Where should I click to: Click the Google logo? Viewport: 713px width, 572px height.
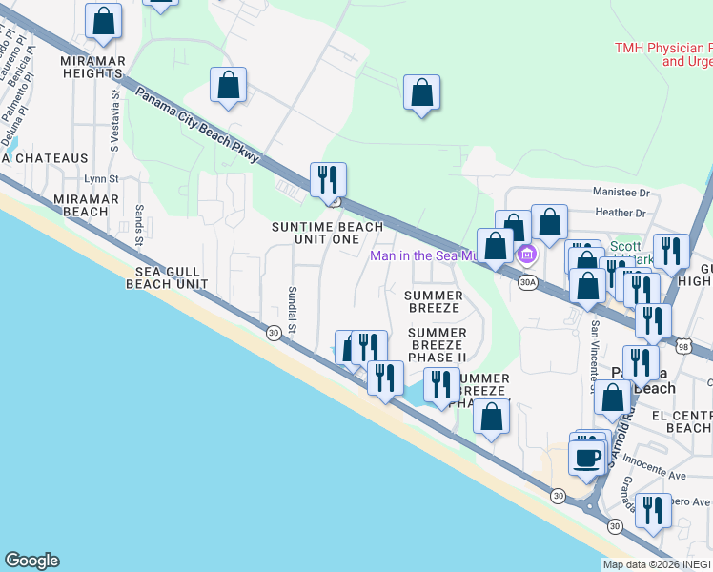coord(31,561)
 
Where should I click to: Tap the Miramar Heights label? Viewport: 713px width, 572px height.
coord(92,68)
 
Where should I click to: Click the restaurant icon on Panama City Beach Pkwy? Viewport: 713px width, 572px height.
coord(328,180)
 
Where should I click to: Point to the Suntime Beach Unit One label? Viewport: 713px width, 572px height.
coord(327,234)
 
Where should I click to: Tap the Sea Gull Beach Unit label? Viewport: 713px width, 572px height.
coord(167,277)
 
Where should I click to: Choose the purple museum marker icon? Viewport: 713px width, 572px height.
coord(526,255)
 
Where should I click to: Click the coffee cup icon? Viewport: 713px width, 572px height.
coord(587,457)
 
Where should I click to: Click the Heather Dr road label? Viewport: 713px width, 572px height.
coord(620,213)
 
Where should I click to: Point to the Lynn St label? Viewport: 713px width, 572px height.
coord(101,178)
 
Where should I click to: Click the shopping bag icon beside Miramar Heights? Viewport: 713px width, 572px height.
coord(103,20)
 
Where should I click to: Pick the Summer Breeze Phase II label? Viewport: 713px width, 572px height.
coord(437,344)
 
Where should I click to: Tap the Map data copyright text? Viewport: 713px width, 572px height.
coord(657,564)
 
